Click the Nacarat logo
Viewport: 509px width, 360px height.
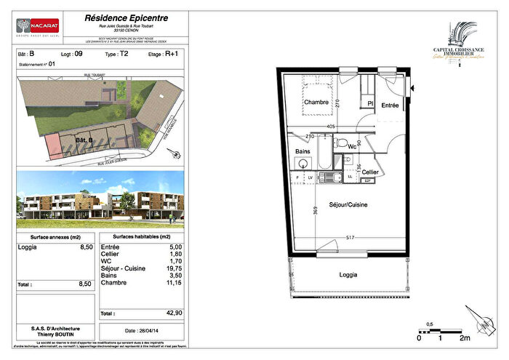(39, 27)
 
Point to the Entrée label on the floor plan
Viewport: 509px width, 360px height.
(389, 106)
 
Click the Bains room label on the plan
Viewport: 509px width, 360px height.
(303, 151)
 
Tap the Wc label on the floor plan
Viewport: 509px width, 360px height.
(351, 148)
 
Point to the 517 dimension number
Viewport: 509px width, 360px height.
(350, 238)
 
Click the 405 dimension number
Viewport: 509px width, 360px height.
(330, 126)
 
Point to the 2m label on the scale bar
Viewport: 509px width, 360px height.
(464, 338)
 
